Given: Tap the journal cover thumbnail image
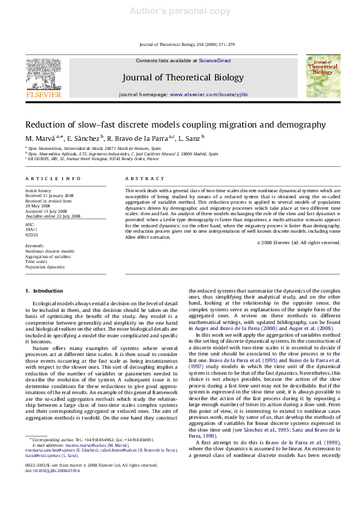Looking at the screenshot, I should (323, 76).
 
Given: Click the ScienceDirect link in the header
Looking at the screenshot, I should (215, 61).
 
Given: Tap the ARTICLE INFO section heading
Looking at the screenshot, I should (53, 179).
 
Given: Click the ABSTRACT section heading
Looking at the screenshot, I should (145, 179).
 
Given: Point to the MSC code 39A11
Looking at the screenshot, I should (31, 230).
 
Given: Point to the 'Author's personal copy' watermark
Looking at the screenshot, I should (180, 11).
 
